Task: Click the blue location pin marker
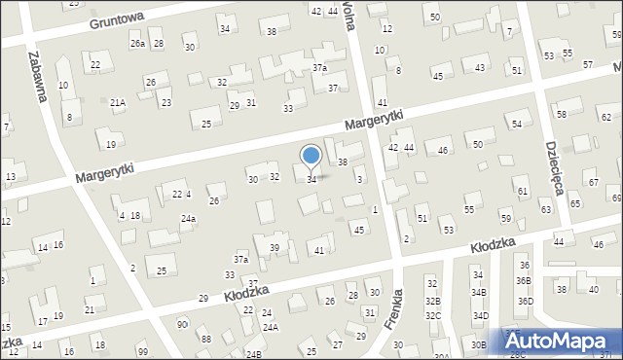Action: point(311,157)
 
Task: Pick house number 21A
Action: point(118,102)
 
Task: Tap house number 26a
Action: point(137,44)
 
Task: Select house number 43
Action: point(480,67)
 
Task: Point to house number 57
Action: point(588,64)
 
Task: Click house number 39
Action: point(275,248)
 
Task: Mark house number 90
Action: point(182,323)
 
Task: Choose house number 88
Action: point(205,338)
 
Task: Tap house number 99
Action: point(143,350)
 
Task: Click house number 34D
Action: point(480,316)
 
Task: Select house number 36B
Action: point(525,280)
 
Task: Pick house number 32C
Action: point(433,316)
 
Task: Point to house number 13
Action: point(10,176)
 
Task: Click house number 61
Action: point(523,192)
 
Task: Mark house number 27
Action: point(337,344)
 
